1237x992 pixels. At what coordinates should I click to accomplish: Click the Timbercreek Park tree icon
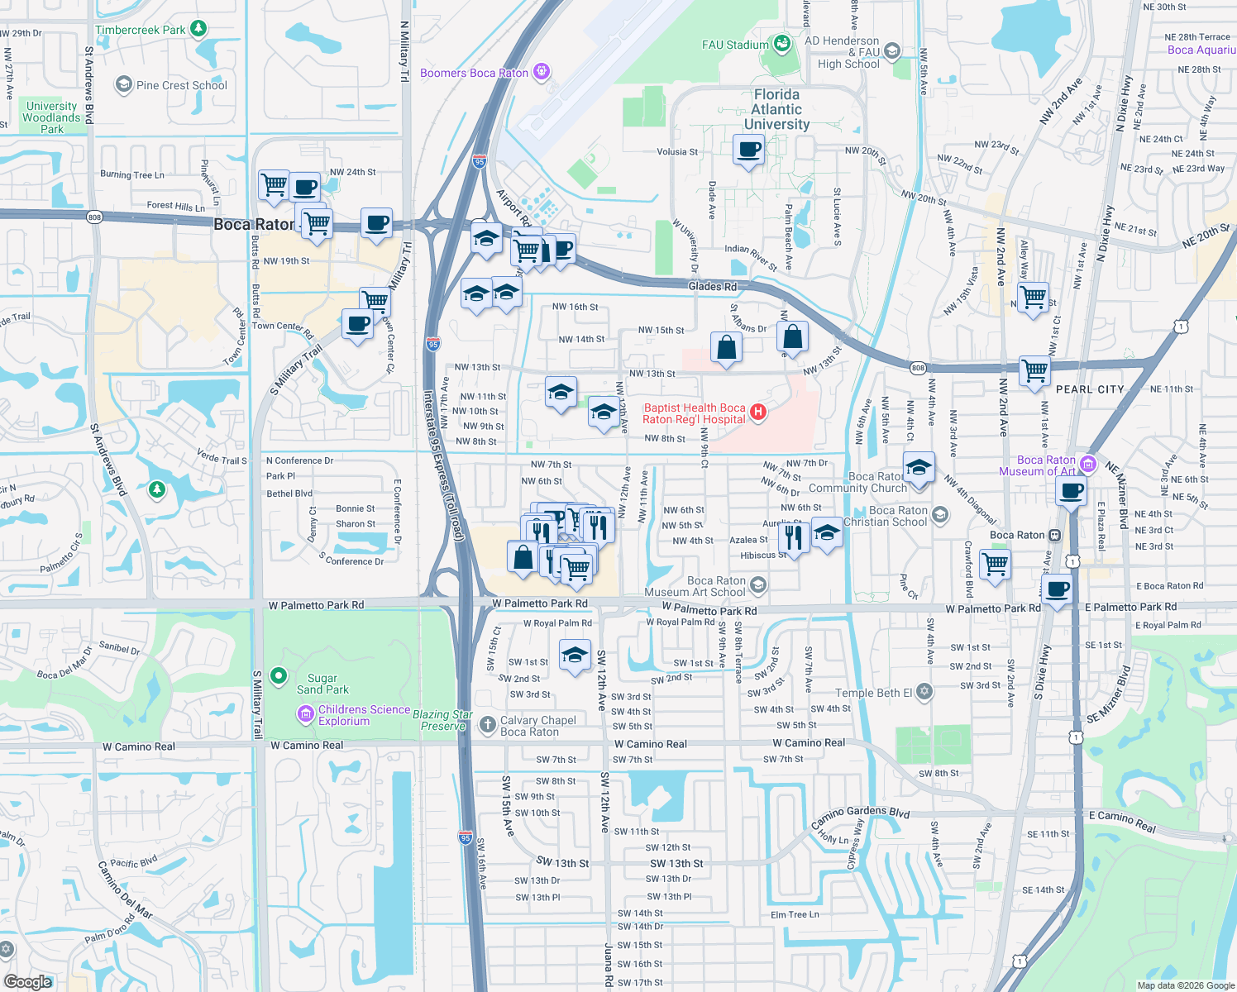point(198,29)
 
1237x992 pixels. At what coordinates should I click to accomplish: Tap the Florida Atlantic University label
point(776,110)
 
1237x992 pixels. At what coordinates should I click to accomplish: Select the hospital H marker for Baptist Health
point(757,413)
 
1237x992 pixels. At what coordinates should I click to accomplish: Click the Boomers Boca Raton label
point(474,73)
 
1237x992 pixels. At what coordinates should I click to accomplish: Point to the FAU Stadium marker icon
point(781,44)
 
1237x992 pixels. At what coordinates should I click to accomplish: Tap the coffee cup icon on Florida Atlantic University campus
point(748,150)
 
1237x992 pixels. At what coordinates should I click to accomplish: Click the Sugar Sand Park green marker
point(279,675)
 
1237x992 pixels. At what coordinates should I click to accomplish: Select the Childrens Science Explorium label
point(364,715)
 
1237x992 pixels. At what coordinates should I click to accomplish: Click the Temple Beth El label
point(873,693)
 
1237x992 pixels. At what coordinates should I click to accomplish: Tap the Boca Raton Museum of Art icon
point(1087,464)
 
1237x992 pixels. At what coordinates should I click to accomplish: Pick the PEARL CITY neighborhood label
point(1090,389)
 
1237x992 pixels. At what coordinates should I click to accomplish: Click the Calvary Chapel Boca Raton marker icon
point(488,724)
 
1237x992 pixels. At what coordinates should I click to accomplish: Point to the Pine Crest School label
point(181,85)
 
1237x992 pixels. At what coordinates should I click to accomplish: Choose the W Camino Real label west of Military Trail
point(139,746)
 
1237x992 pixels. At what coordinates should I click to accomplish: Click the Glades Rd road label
point(712,286)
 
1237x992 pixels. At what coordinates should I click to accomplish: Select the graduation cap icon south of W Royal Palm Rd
point(575,656)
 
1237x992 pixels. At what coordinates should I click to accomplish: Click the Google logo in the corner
point(28,981)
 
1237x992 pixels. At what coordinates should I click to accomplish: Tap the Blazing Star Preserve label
point(442,720)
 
